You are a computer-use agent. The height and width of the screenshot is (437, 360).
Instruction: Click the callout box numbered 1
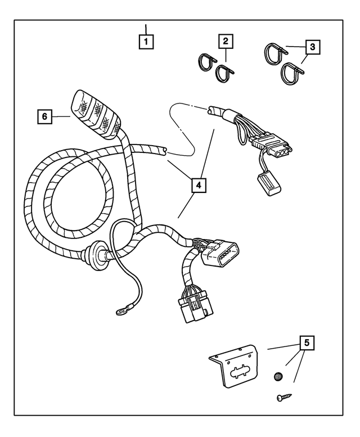coord(146,41)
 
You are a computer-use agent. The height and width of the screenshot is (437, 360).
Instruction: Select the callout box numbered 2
coord(226,41)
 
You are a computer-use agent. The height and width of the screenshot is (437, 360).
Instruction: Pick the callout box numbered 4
coord(197,184)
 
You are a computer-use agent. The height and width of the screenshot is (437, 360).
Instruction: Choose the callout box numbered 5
coord(307,342)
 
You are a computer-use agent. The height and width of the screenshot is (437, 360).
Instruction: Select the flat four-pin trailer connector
coord(273,146)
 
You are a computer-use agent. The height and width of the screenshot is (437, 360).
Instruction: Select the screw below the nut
coord(282,398)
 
